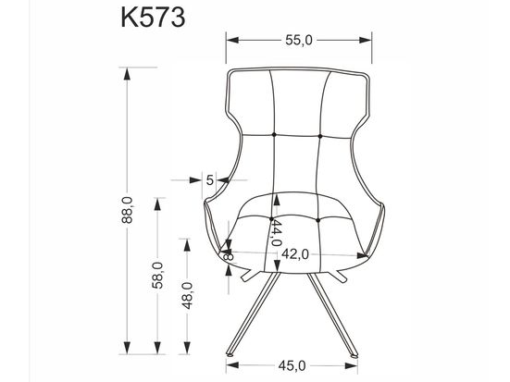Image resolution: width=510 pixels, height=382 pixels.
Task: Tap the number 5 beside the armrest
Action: click(x=210, y=180)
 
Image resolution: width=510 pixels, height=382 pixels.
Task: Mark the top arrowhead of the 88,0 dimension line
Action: click(x=124, y=73)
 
